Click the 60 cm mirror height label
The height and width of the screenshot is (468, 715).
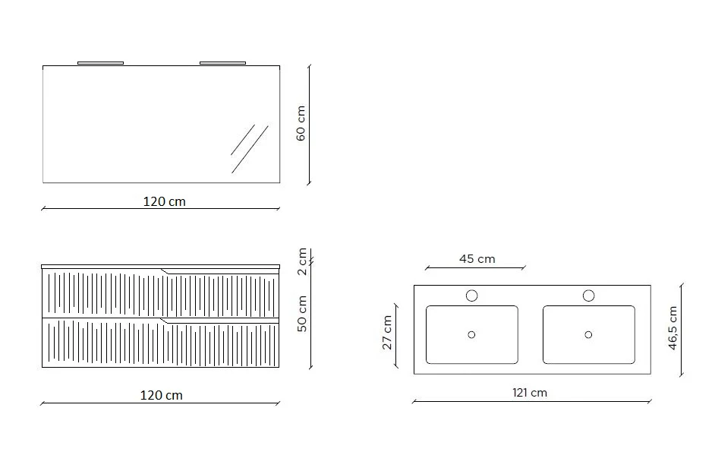click(x=301, y=123)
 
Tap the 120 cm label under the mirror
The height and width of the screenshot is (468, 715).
click(x=164, y=201)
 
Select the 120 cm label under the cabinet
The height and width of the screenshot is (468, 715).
click(x=161, y=395)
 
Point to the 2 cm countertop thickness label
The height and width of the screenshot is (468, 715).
click(x=302, y=261)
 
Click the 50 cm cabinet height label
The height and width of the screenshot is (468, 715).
click(x=302, y=314)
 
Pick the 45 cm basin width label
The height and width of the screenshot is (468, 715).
click(x=477, y=259)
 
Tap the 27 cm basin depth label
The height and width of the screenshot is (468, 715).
click(x=387, y=333)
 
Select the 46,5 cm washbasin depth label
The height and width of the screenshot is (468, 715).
click(x=672, y=328)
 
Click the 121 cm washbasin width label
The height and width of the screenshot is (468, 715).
click(x=529, y=393)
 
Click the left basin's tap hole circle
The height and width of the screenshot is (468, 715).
click(x=471, y=296)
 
